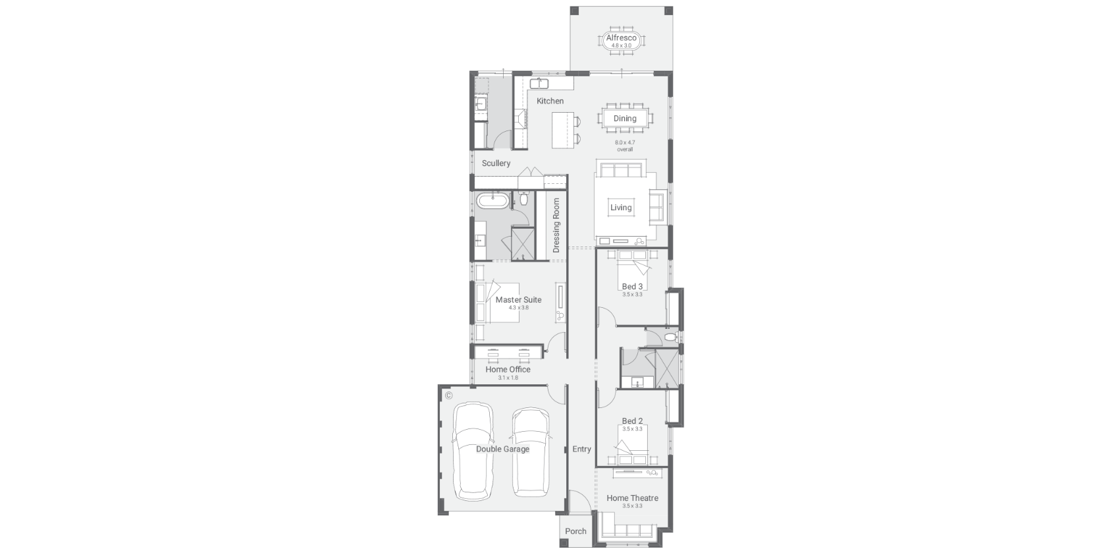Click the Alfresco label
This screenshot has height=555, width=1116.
click(x=622, y=38)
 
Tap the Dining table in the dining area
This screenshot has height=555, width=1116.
click(x=625, y=119)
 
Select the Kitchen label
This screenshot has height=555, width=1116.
click(x=550, y=101)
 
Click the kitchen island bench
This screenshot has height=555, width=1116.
click(x=563, y=130)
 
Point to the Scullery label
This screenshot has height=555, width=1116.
click(x=496, y=163)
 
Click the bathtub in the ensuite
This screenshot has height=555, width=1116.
click(x=492, y=202)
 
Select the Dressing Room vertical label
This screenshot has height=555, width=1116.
click(x=556, y=225)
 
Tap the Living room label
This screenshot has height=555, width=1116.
click(x=621, y=208)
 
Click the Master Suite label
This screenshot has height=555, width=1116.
click(x=518, y=300)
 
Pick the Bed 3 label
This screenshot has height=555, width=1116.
click(x=632, y=286)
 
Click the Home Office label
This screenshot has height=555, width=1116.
click(x=508, y=370)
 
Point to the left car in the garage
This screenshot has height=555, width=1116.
click(x=473, y=451)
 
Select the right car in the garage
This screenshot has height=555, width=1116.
click(x=531, y=452)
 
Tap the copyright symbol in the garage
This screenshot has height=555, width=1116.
click(x=448, y=395)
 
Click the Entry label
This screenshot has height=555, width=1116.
click(x=581, y=450)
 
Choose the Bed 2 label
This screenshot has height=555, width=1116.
click(x=632, y=421)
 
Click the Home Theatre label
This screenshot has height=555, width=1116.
click(x=632, y=498)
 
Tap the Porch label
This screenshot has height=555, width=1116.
click(x=575, y=531)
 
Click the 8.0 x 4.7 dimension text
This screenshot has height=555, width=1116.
click(x=625, y=142)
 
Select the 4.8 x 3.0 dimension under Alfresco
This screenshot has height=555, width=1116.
click(x=622, y=45)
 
